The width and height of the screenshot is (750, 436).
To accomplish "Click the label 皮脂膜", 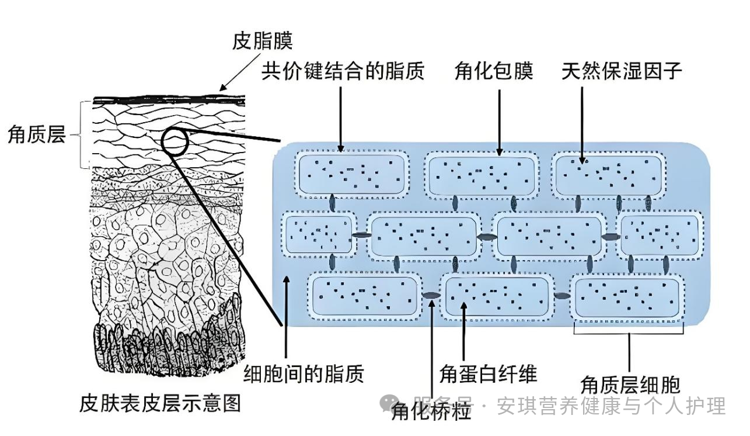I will (262, 41).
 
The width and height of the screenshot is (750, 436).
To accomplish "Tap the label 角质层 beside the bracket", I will (36, 135).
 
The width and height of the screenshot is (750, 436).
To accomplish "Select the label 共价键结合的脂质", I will (343, 71).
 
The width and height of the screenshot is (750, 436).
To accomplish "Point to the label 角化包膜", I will (494, 71).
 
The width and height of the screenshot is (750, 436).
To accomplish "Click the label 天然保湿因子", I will (622, 71).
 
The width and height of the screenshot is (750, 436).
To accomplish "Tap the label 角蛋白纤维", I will (488, 373).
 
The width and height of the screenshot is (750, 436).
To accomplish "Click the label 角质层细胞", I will (630, 385).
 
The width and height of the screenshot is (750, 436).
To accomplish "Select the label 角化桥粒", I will (431, 413).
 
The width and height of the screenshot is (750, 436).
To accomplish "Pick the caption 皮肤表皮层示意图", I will (160, 403).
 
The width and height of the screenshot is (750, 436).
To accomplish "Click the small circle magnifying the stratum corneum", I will (175, 140).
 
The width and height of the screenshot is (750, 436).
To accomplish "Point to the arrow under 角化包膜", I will (500, 123).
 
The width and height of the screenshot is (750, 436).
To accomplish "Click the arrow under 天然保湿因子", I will (582, 123).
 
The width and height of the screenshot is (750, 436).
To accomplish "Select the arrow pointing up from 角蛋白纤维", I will (464, 330).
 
